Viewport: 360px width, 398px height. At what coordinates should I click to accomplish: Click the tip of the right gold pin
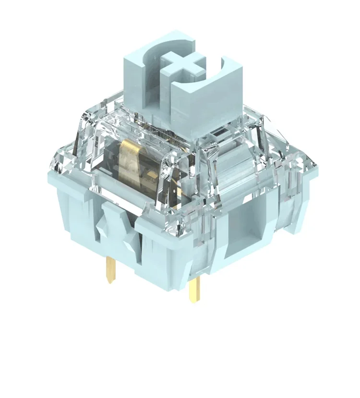tap(195, 302)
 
